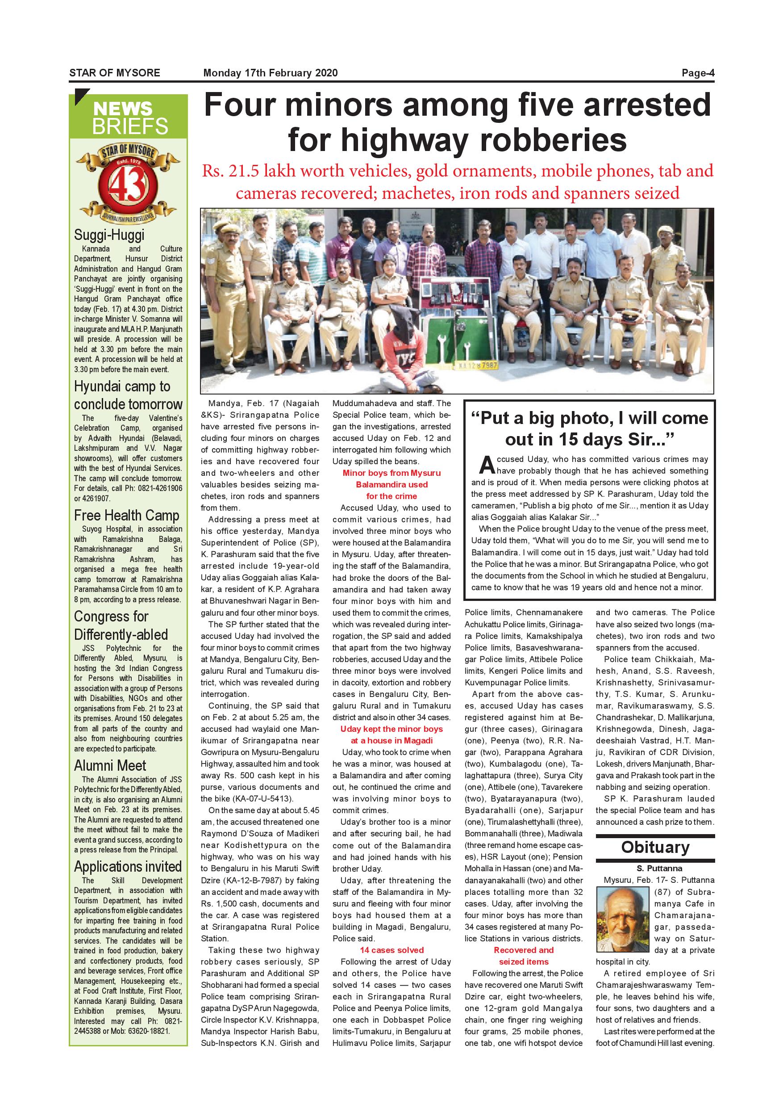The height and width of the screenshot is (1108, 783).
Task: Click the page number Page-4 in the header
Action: [x=697, y=73]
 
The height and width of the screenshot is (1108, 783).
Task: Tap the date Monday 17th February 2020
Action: [x=271, y=73]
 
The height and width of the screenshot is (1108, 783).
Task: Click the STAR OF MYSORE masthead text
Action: [x=115, y=73]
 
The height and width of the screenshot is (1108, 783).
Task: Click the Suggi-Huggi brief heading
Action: [x=109, y=235]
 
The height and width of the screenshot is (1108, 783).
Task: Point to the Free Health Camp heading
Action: [x=126, y=516]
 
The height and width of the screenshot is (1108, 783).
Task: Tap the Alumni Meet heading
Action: [x=110, y=765]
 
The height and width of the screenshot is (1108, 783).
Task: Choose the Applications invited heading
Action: [x=128, y=866]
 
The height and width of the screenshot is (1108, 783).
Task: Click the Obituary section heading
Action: [x=655, y=847]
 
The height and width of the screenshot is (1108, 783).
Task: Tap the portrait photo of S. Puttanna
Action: [x=623, y=919]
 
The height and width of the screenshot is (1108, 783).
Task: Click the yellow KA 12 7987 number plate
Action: [x=478, y=365]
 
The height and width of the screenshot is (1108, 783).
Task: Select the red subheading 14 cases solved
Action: [x=391, y=950]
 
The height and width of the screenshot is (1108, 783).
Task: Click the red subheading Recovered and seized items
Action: [x=524, y=956]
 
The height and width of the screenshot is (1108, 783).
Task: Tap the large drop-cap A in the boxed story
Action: [x=487, y=465]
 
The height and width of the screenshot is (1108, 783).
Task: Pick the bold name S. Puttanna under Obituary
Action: [x=655, y=868]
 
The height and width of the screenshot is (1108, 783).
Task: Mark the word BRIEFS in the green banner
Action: [x=130, y=126]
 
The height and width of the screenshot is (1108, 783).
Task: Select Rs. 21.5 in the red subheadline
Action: [x=229, y=171]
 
